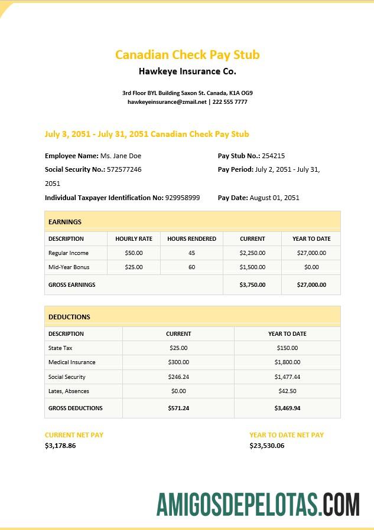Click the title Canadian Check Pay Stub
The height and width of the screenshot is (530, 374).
[x=187, y=55]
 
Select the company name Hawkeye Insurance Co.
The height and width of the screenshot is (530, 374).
[x=187, y=71]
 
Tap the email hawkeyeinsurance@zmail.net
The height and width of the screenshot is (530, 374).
[x=167, y=102]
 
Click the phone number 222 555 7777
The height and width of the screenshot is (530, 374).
[x=230, y=102]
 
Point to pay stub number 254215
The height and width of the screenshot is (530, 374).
[x=273, y=156]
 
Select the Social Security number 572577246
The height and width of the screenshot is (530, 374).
[x=124, y=169]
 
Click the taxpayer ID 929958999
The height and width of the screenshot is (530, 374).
[x=183, y=198]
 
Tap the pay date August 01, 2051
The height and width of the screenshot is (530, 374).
[x=274, y=198]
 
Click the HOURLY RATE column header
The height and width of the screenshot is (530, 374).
[x=134, y=239]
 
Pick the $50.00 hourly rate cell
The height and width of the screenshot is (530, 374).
[x=134, y=253]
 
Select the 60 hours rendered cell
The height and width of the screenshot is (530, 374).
[x=191, y=267]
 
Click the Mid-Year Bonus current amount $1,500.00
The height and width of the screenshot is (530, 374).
[x=252, y=267]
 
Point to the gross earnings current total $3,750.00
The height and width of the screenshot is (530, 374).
[x=252, y=284]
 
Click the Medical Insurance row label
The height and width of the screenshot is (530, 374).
[x=71, y=362]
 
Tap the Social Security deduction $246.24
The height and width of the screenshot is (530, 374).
[x=178, y=377]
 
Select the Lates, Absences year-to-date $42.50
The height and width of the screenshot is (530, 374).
[x=287, y=391]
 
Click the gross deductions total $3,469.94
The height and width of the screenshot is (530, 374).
[x=287, y=408]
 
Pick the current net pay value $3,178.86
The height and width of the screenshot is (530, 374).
[x=60, y=446]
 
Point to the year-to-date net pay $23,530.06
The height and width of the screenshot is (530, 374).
[x=266, y=446]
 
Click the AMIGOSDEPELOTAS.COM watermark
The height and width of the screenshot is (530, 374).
[x=258, y=505]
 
